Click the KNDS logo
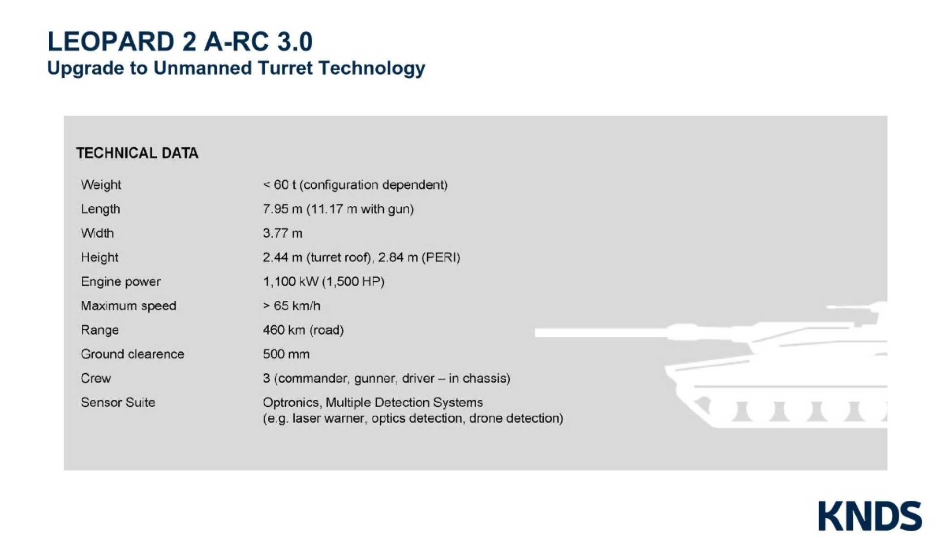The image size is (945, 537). click(x=870, y=516)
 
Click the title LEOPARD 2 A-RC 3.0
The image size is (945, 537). click(x=180, y=42)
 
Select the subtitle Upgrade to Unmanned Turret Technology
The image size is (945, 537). click(x=236, y=68)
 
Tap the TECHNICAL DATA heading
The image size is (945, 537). click(x=137, y=153)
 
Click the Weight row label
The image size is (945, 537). click(x=101, y=185)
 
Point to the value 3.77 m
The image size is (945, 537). click(x=282, y=233)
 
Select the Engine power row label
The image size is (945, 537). click(x=120, y=281)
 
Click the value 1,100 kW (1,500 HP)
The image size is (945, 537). click(x=323, y=281)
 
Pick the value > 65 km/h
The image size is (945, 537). click(x=292, y=306)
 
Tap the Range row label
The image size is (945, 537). click(x=99, y=330)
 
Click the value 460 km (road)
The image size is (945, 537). click(x=303, y=330)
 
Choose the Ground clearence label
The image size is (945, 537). click(x=132, y=354)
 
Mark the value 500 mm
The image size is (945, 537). click(x=286, y=354)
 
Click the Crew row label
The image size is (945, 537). click(x=95, y=378)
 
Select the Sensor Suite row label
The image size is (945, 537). click(x=118, y=402)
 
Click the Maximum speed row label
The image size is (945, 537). click(x=129, y=306)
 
